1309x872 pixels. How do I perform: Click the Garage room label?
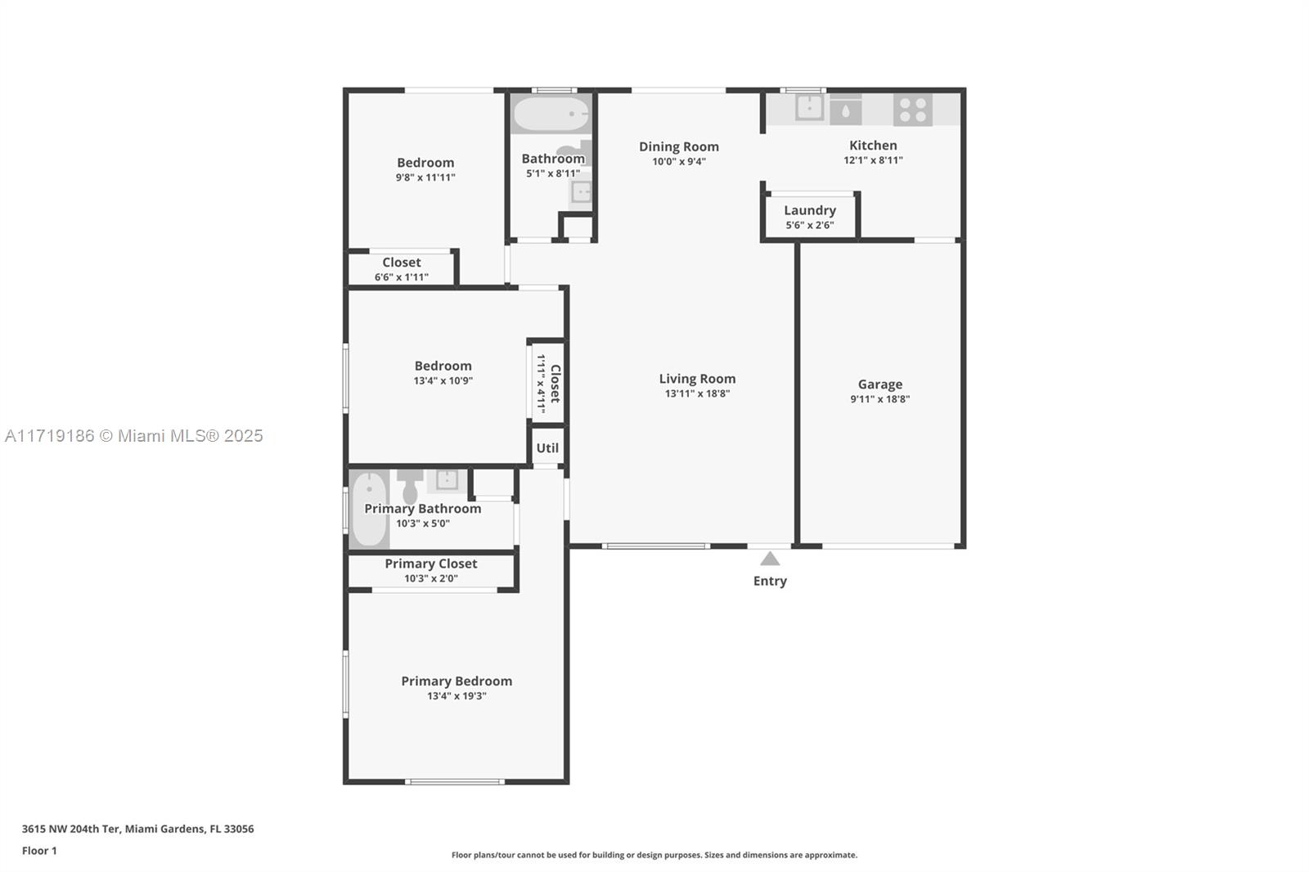(x=879, y=384)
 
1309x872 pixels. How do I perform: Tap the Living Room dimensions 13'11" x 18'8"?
(x=697, y=394)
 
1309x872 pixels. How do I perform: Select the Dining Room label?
(x=678, y=146)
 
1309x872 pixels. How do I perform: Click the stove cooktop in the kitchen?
(x=912, y=110)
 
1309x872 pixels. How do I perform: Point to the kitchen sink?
(x=809, y=107)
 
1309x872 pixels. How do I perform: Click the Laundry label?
(x=810, y=210)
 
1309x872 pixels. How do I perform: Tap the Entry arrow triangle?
(x=770, y=560)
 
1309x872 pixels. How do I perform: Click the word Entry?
(x=770, y=581)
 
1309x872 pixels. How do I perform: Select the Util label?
(x=547, y=448)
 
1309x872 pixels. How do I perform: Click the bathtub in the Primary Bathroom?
(x=369, y=509)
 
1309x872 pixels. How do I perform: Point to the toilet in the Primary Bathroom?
(x=410, y=484)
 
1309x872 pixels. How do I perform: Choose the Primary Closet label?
(x=430, y=564)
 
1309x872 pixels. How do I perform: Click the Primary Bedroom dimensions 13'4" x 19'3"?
(x=457, y=696)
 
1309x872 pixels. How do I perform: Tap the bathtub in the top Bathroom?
(x=551, y=114)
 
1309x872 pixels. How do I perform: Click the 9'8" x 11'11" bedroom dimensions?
(x=425, y=178)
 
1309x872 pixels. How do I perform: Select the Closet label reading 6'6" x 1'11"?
(x=402, y=263)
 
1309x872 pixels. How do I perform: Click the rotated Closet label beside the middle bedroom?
(x=556, y=384)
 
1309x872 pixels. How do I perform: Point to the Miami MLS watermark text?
(x=134, y=436)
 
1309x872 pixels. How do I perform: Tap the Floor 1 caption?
(x=40, y=851)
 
